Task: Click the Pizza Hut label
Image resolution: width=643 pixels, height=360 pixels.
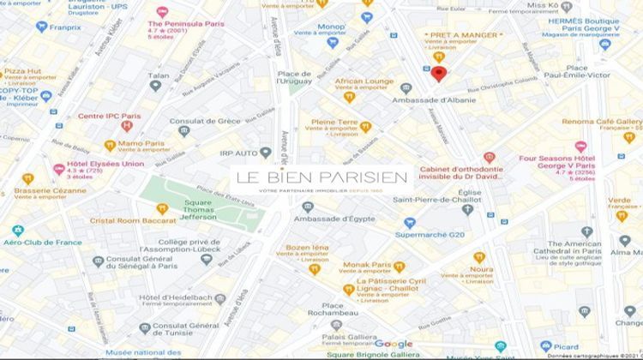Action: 23,71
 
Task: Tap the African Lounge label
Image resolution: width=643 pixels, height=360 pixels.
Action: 364,81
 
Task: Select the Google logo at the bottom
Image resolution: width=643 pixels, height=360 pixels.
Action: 394,344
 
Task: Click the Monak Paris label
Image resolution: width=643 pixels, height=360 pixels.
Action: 367,266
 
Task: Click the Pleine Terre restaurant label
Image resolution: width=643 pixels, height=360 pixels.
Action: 334,123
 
